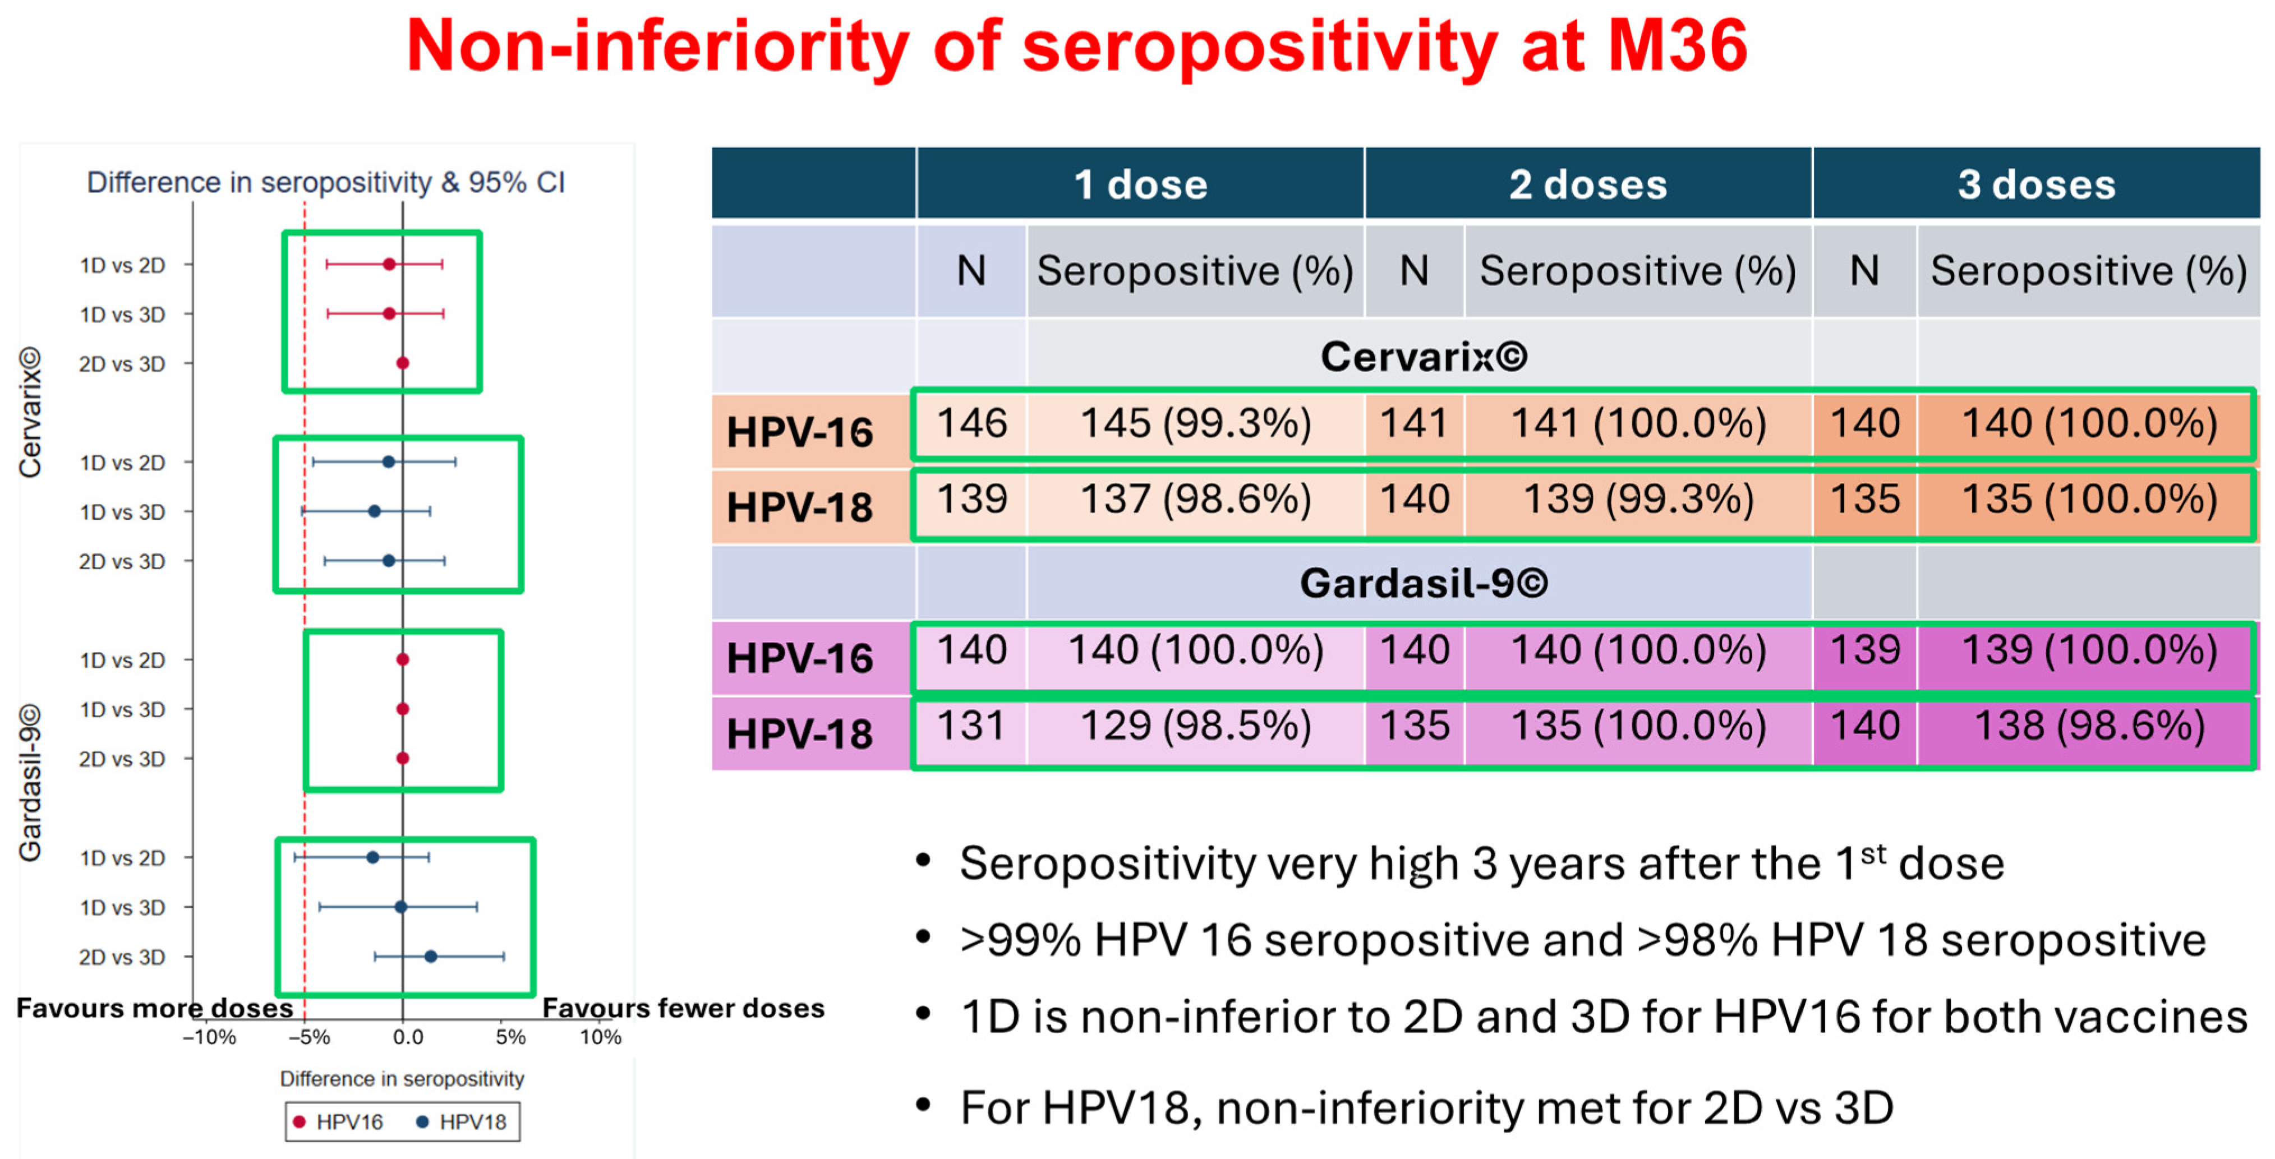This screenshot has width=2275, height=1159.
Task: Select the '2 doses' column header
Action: [x=1587, y=184]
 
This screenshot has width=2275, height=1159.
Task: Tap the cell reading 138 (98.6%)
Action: [x=2089, y=727]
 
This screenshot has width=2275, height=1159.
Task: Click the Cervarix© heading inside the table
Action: [x=1423, y=357]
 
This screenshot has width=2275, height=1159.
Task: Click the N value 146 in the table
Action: [x=971, y=424]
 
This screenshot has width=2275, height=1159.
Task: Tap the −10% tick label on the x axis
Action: [x=209, y=1037]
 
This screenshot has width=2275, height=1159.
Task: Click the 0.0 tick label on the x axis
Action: [x=407, y=1037]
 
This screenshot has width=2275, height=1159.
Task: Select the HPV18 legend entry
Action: [x=462, y=1122]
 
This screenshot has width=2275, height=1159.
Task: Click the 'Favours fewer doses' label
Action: [x=683, y=1008]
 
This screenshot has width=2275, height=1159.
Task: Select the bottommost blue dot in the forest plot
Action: [x=430, y=956]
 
